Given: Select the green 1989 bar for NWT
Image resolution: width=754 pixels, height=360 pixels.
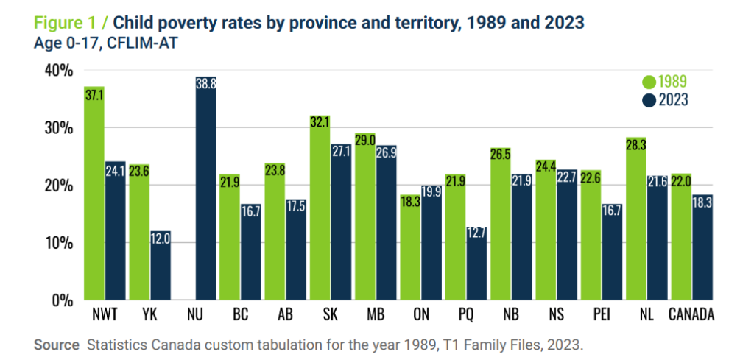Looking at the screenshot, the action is point(94,194).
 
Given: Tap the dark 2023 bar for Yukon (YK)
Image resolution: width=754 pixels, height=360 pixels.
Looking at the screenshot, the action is point(160,266).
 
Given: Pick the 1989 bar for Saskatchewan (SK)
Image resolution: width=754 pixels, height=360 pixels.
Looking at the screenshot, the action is point(320,208).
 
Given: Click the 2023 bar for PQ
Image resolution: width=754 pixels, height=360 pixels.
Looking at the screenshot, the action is point(476,264).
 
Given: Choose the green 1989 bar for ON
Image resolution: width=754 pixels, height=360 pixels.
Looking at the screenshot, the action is point(410,248).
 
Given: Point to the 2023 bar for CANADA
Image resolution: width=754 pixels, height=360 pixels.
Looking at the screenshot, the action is point(702,248).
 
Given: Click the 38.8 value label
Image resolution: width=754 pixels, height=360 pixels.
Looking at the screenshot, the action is point(205,82).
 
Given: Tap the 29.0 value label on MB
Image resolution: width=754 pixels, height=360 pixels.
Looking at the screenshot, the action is point(365,140).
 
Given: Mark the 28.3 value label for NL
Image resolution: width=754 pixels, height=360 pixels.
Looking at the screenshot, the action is point(635,144).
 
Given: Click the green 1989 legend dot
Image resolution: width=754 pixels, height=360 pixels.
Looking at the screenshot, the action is point(649,82).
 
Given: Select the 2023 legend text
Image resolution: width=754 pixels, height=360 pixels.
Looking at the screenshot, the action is point(673,100).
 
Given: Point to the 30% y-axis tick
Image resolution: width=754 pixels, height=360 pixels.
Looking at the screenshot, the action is point(59,128).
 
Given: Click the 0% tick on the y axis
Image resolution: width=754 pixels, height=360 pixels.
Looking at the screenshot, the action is point(63,301).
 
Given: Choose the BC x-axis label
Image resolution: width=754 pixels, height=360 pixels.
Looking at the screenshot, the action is point(241,315).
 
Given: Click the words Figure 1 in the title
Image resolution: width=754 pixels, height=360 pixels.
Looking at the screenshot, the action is point(63,23).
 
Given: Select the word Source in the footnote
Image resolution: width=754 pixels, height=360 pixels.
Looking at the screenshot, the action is point(56,345).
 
